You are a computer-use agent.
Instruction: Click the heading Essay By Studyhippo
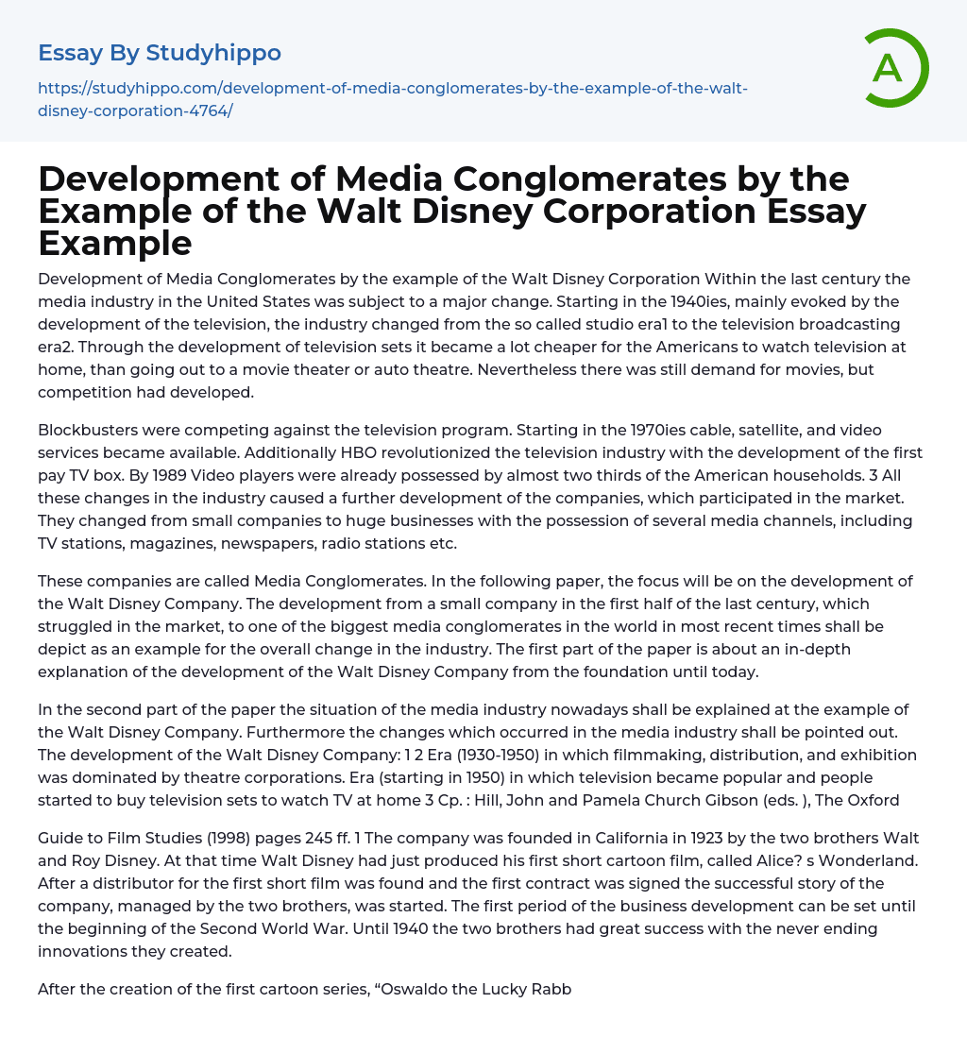(160, 53)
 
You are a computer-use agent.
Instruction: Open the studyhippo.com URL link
(392, 99)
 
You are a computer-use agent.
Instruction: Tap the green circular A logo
(891, 67)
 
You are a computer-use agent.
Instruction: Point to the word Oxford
(873, 800)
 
